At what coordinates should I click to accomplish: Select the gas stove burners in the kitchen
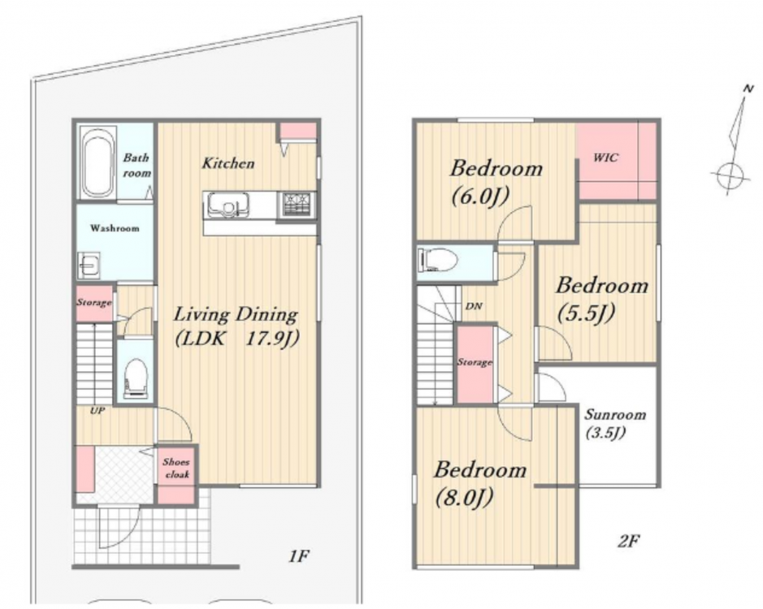(297, 205)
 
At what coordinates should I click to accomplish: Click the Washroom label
(115, 227)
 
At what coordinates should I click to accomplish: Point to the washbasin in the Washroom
(89, 265)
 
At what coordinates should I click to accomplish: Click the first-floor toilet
(136, 378)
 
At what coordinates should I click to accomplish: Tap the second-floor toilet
(437, 260)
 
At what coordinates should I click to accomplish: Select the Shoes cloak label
(176, 468)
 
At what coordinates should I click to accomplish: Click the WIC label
(606, 157)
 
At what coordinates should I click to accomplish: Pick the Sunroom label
(614, 415)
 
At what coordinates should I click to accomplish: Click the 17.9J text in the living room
(271, 339)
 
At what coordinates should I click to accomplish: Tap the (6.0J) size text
(479, 197)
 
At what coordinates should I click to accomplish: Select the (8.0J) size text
(464, 498)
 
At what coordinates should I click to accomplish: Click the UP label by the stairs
(98, 411)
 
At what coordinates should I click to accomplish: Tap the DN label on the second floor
(474, 306)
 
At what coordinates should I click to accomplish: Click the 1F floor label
(299, 555)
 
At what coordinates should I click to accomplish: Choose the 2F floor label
(628, 541)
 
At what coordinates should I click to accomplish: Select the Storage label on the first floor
(94, 303)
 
